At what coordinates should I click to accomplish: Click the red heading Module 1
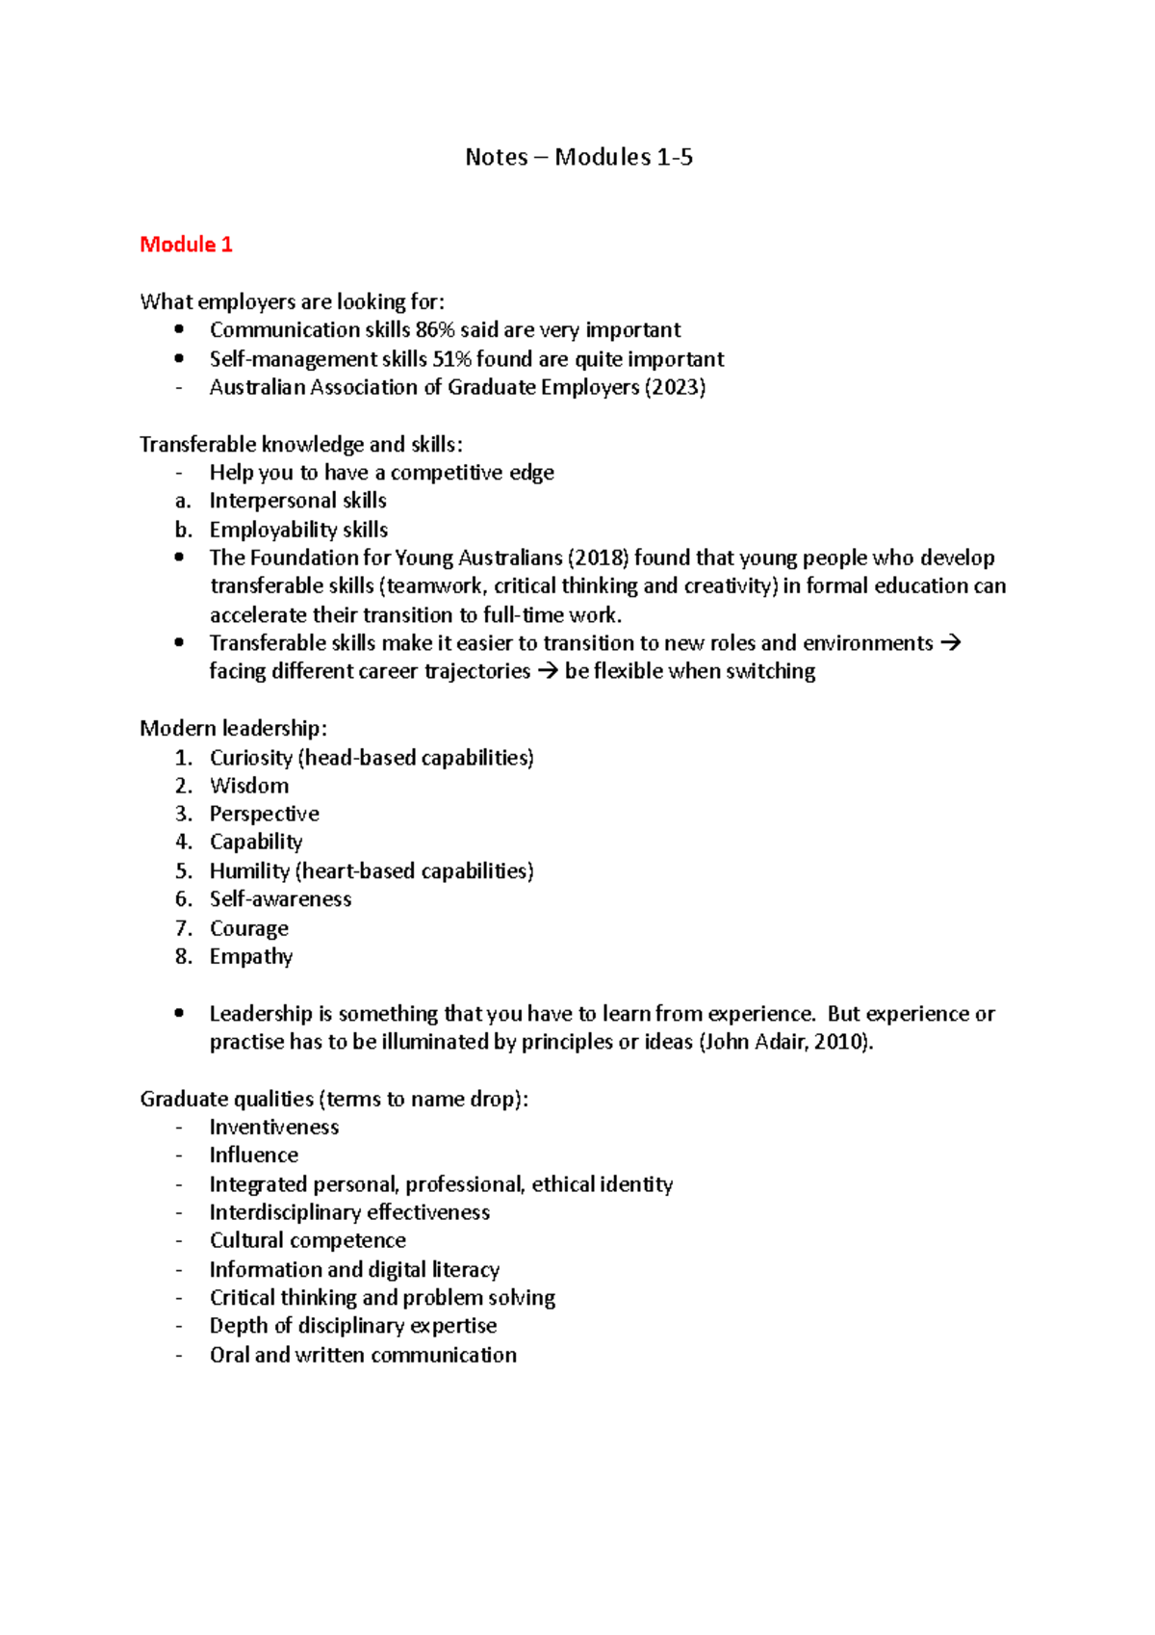point(186,245)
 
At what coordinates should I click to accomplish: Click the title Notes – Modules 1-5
point(578,157)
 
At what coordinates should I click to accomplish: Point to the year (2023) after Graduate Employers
point(675,387)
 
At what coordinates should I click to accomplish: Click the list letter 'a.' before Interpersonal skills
point(183,501)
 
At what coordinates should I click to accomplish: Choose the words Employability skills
point(298,530)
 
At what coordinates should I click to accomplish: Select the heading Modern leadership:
point(233,728)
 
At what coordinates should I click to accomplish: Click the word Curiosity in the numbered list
point(251,758)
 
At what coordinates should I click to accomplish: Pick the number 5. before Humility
point(184,871)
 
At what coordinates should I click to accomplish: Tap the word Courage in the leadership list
point(249,928)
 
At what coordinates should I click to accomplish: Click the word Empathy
point(251,956)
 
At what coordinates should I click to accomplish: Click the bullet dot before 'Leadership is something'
point(179,1013)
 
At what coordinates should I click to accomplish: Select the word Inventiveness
point(274,1127)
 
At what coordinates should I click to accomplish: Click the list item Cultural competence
point(308,1240)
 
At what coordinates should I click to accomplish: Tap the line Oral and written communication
point(363,1355)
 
